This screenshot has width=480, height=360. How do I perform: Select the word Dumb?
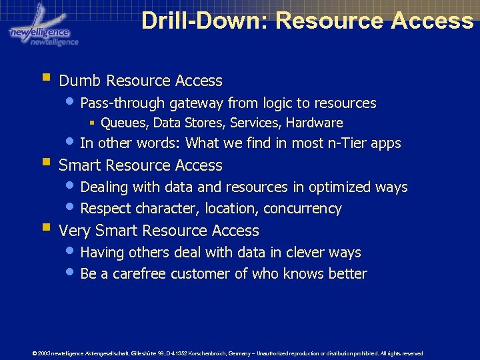(80, 81)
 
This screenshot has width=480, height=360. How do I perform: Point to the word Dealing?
(104, 188)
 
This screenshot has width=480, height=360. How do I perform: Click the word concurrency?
(302, 209)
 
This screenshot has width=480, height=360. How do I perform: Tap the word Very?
(75, 231)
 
